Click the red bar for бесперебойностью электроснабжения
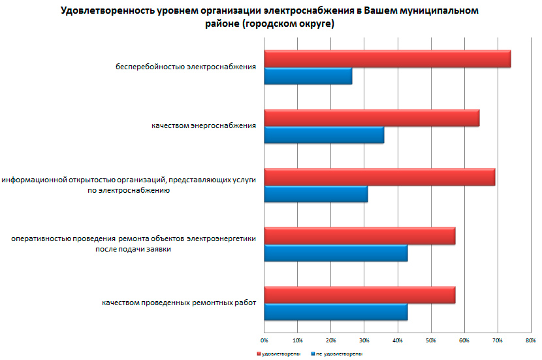(x=387, y=59)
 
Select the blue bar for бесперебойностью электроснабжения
(x=308, y=76)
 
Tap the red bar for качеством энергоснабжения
(x=372, y=118)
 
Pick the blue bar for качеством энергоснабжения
(x=324, y=135)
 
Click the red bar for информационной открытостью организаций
(x=379, y=176)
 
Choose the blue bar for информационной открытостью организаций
(x=316, y=194)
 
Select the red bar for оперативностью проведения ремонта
(x=360, y=235)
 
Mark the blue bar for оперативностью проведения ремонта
(x=336, y=253)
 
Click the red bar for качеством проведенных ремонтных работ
(x=360, y=295)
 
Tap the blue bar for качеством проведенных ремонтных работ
(x=336, y=312)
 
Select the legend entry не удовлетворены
(x=338, y=353)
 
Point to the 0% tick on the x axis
(x=264, y=340)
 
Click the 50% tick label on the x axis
(x=431, y=340)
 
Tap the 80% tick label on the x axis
(x=530, y=340)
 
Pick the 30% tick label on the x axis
(x=364, y=340)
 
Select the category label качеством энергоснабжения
(x=199, y=125)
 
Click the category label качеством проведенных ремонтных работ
(x=178, y=303)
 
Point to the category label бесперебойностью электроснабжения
(x=185, y=67)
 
